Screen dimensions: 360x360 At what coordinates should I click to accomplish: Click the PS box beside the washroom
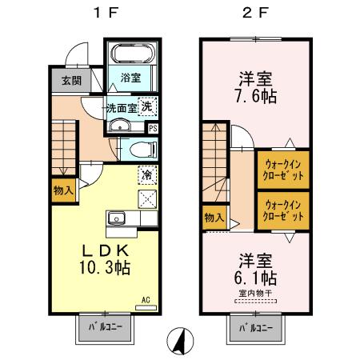click(153, 127)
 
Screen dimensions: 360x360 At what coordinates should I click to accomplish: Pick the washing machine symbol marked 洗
click(148, 106)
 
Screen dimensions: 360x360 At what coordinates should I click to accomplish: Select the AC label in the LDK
click(146, 300)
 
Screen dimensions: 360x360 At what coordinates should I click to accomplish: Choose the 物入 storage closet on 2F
click(213, 217)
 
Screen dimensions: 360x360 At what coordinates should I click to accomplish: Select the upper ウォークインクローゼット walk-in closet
click(282, 170)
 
